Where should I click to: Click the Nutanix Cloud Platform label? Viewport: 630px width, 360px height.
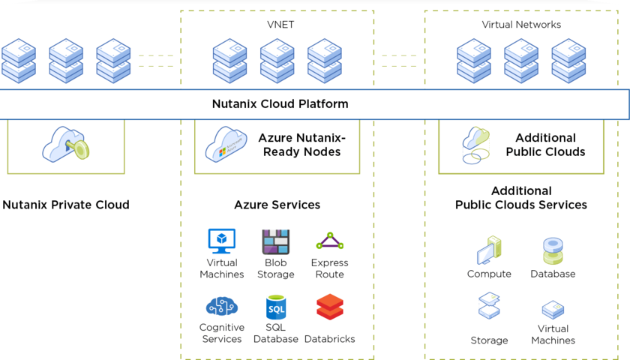tap(280, 104)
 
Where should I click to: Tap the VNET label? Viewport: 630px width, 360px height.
tap(280, 25)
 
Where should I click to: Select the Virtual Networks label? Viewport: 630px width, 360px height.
tap(521, 25)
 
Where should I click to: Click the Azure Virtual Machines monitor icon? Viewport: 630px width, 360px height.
tap(221, 241)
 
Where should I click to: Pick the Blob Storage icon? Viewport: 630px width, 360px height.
tap(275, 241)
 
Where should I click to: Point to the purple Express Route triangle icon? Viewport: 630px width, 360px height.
tap(329, 241)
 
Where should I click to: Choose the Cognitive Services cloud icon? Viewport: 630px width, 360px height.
tap(221, 306)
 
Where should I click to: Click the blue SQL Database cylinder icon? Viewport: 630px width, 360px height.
tap(275, 307)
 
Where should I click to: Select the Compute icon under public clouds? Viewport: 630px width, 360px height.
tap(489, 251)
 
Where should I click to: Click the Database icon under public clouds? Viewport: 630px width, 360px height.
tap(553, 251)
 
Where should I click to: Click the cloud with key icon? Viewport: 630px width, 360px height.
tap(65, 144)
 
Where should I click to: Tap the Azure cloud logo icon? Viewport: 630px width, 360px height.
tap(226, 144)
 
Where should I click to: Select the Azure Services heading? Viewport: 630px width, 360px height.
tap(277, 205)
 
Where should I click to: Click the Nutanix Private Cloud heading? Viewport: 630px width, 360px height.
tap(66, 205)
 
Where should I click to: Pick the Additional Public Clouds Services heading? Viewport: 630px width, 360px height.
tap(521, 198)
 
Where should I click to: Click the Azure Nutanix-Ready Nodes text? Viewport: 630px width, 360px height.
tap(301, 145)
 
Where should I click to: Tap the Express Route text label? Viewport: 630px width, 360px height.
tap(329, 268)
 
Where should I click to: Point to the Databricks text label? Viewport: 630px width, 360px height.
tap(329, 339)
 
